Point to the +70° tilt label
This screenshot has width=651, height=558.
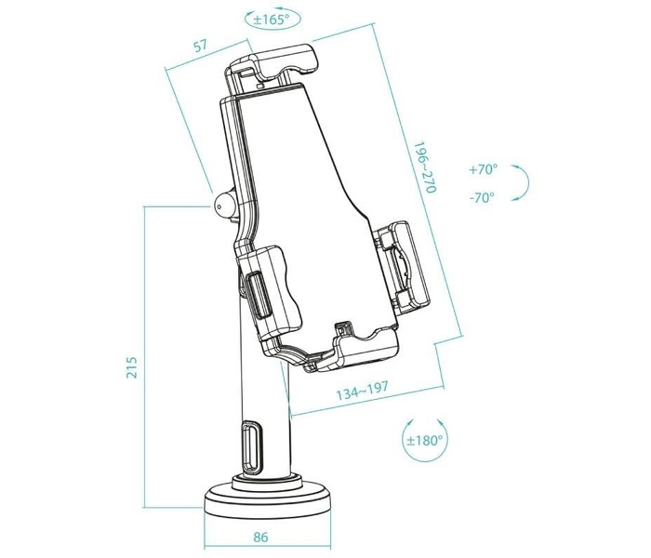(483, 170)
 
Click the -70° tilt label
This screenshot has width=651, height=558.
(482, 197)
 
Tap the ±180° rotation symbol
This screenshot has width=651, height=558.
(424, 438)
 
